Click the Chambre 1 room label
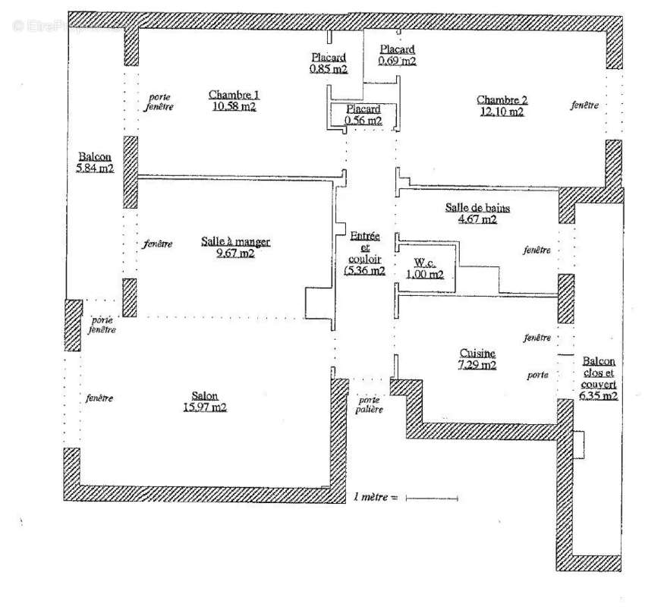pyautogui.click(x=234, y=96)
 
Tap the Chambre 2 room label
pyautogui.click(x=502, y=100)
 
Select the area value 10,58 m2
pyautogui.click(x=234, y=107)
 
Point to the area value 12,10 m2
pyautogui.click(x=501, y=112)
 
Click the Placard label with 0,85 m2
pyautogui.click(x=329, y=58)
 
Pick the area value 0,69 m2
pyautogui.click(x=398, y=61)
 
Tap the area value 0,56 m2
pyautogui.click(x=363, y=120)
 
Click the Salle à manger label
pyautogui.click(x=235, y=242)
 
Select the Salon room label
pyautogui.click(x=204, y=395)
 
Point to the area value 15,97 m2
pyautogui.click(x=204, y=407)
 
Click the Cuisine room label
pyautogui.click(x=478, y=354)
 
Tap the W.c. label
pyautogui.click(x=424, y=263)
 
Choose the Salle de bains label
pyautogui.click(x=477, y=209)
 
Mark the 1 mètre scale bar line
pyautogui.click(x=432, y=498)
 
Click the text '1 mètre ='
pyautogui.click(x=375, y=498)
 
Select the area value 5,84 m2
pyautogui.click(x=95, y=168)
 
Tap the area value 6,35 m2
pyautogui.click(x=599, y=395)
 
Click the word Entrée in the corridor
pyautogui.click(x=364, y=237)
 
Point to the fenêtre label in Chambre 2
pyautogui.click(x=585, y=105)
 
